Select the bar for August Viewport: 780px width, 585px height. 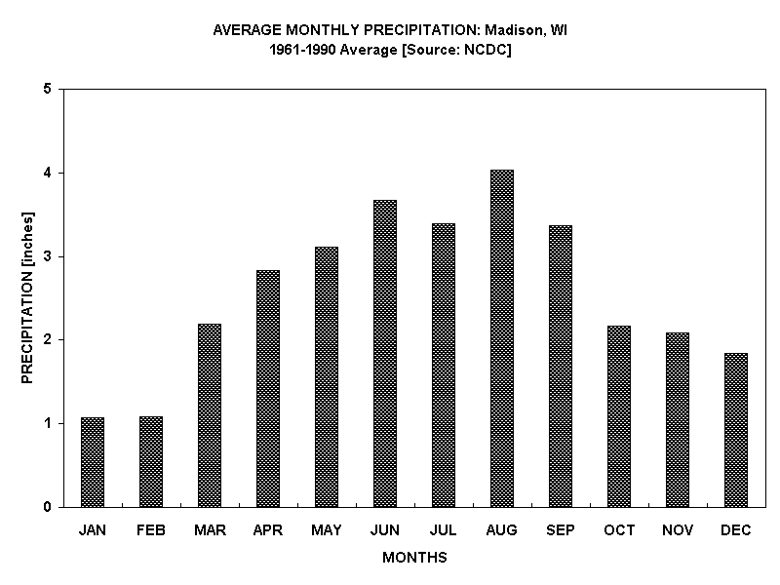click(502, 338)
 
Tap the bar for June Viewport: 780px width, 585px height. click(385, 353)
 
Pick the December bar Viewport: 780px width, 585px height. click(736, 430)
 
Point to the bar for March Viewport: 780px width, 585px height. click(210, 415)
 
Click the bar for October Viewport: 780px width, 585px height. click(619, 416)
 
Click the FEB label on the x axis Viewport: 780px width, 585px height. click(151, 530)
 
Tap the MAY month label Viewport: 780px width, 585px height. click(327, 530)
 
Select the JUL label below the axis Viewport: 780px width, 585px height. click(444, 530)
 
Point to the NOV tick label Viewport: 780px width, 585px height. click(678, 530)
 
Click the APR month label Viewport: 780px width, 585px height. click(268, 530)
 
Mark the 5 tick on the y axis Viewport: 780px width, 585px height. click(47, 90)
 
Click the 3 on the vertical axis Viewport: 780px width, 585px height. click(47, 256)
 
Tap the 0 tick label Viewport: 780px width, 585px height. click(47, 507)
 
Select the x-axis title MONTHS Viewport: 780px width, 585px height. click(414, 558)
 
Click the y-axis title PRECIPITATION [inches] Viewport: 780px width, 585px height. click(27, 297)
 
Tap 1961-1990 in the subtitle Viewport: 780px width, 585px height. click(300, 50)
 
